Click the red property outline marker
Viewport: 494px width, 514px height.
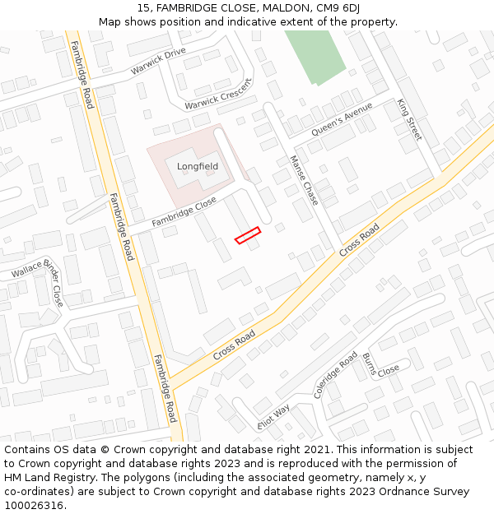(247, 235)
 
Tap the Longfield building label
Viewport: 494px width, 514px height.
(198, 166)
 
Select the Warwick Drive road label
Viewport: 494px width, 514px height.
(158, 62)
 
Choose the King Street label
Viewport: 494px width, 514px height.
(409, 119)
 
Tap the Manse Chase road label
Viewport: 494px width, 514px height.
(304, 181)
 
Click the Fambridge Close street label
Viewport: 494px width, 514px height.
(184, 212)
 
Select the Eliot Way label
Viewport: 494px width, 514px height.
(274, 416)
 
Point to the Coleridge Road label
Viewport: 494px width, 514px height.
(335, 375)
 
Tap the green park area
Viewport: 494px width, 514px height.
(315, 56)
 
